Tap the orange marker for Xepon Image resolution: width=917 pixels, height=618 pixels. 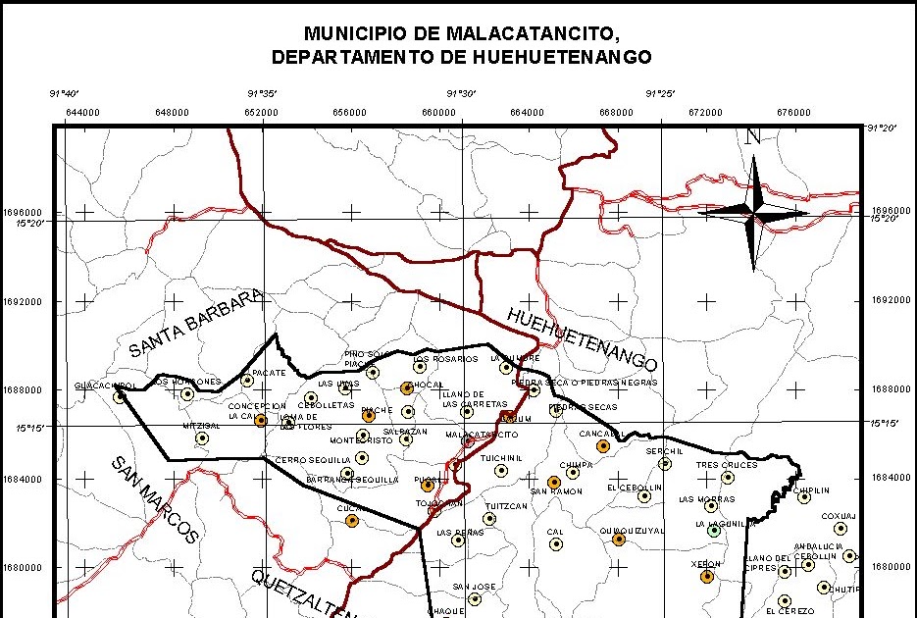707,577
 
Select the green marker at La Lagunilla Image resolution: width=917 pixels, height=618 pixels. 715,532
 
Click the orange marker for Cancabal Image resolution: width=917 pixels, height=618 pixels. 603,446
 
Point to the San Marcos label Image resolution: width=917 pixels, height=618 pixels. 154,500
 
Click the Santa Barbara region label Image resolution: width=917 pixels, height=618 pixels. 196,323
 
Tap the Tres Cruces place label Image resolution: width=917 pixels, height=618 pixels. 727,465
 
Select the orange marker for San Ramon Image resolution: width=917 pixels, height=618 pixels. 554,482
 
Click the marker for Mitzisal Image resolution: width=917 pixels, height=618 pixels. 202,438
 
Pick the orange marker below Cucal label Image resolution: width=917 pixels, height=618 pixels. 352,521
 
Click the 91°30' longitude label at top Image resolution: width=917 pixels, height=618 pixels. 461,94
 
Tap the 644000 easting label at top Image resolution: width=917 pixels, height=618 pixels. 82,112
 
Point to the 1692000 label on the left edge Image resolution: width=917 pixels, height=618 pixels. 25,301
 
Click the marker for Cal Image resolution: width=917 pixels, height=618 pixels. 555,544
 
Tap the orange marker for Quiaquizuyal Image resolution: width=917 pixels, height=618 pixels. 619,540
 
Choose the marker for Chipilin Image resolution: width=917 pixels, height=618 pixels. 804,497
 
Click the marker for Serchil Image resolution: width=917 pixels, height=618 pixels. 665,464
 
